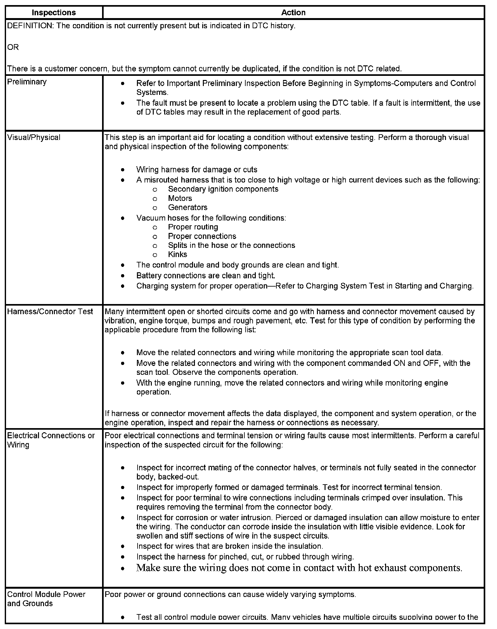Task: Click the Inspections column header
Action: pos(54,13)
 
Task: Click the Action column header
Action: pos(293,13)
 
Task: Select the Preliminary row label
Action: pos(27,82)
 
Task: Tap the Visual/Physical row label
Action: pos(34,137)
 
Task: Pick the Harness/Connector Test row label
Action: pos(50,311)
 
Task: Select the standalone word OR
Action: pos(13,47)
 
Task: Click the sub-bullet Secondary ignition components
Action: pos(223,189)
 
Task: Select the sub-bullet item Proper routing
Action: pos(193,227)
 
